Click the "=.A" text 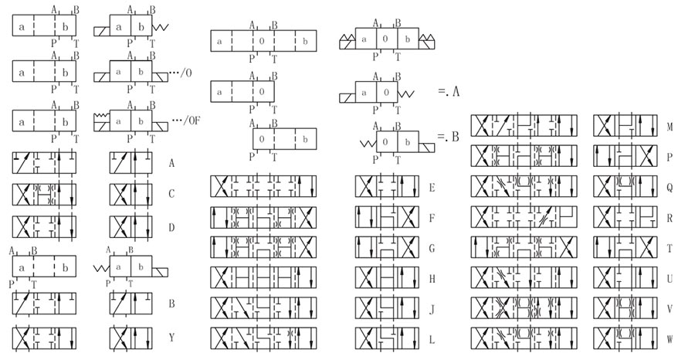pyautogui.click(x=449, y=91)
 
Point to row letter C pyautogui.click(x=171, y=195)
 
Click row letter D pyautogui.click(x=171, y=227)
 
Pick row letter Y pyautogui.click(x=171, y=337)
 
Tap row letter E pyautogui.click(x=432, y=187)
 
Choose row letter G pyautogui.click(x=432, y=248)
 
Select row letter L pyautogui.click(x=432, y=338)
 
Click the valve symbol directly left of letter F pyautogui.click(x=387, y=217)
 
